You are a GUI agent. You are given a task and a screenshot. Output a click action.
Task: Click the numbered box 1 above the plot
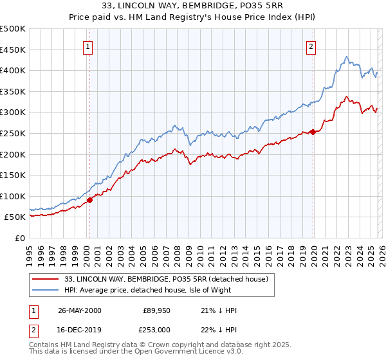(x=87, y=46)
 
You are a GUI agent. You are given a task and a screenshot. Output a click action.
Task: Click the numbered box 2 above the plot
(x=311, y=46)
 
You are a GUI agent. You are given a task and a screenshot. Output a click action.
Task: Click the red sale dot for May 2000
(x=89, y=200)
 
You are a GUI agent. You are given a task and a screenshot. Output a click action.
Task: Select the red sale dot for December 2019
(x=313, y=132)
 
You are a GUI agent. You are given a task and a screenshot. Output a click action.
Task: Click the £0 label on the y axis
(x=20, y=238)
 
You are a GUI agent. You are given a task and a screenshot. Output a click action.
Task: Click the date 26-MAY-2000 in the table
(x=80, y=310)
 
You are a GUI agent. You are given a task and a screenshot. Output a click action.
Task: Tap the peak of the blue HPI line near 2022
(x=346, y=57)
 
